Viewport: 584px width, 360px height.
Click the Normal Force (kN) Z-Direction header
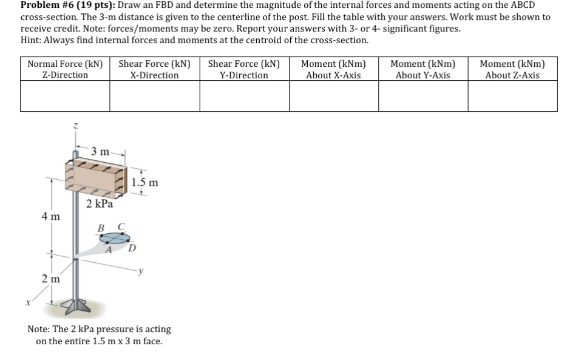tap(65, 69)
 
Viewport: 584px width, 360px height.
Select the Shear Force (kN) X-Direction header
tap(155, 69)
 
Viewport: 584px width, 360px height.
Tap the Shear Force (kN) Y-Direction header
tap(244, 69)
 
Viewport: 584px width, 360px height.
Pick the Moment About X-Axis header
tap(333, 69)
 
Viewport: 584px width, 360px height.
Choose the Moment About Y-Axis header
tap(423, 69)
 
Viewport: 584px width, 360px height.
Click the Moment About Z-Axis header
tap(512, 69)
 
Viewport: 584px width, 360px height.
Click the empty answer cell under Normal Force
tap(65, 96)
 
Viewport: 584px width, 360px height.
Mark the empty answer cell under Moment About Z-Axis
tap(512, 96)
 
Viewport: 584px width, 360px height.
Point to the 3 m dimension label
tap(100, 152)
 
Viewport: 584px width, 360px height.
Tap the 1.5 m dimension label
tap(145, 182)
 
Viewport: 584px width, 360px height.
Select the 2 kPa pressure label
tap(100, 203)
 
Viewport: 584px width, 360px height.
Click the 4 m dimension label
tap(50, 216)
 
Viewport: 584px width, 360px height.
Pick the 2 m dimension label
tap(50, 279)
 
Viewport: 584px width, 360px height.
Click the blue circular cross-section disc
tap(115, 238)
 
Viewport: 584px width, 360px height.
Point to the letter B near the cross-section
tap(101, 228)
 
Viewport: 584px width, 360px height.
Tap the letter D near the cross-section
tap(132, 248)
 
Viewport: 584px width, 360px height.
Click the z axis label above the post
tap(76, 126)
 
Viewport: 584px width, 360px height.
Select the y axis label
tap(140, 271)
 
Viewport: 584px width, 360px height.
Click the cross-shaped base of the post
tap(76, 305)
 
